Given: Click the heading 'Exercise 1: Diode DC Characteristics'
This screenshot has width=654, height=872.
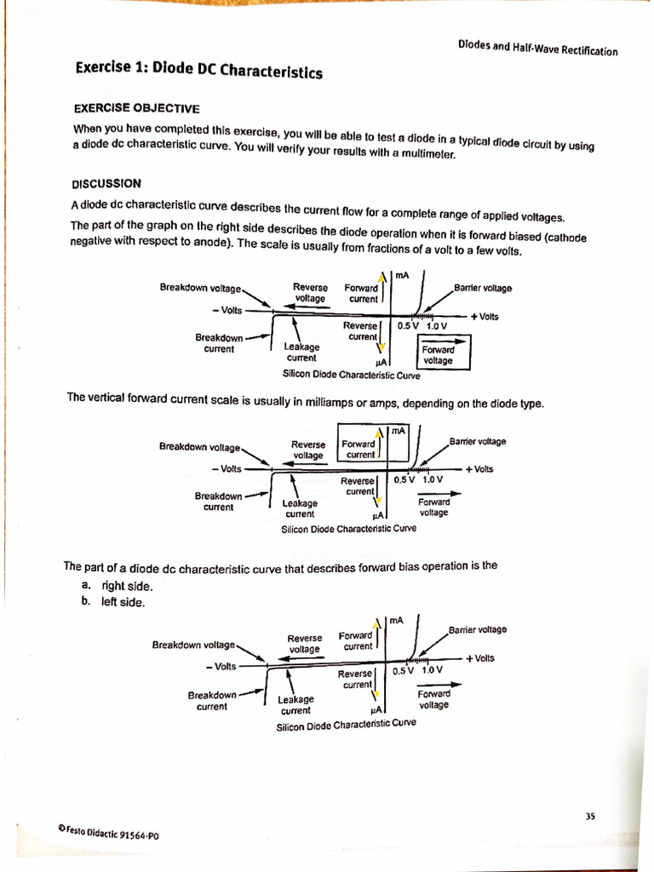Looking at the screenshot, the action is (x=198, y=70).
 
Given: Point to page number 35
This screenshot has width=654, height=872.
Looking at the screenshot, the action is (x=590, y=816).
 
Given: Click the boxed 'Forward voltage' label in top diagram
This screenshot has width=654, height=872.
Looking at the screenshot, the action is (x=438, y=354).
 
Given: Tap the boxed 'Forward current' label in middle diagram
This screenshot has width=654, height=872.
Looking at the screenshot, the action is (x=359, y=449).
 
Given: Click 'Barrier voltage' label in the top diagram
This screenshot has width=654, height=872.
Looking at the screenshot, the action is (x=483, y=288).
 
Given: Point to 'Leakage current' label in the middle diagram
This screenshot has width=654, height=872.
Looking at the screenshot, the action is (x=300, y=508).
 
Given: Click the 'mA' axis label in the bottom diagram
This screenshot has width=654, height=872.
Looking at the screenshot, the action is (x=396, y=621).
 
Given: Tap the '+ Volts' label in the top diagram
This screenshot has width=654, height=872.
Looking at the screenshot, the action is (x=484, y=316).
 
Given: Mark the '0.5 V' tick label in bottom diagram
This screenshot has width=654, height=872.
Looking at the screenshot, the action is (x=405, y=669).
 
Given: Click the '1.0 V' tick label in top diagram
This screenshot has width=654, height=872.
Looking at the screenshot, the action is (x=437, y=325).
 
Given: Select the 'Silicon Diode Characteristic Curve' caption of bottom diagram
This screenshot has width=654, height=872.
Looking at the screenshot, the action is (x=346, y=725).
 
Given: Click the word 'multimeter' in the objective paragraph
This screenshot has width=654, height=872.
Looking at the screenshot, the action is (x=430, y=155).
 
